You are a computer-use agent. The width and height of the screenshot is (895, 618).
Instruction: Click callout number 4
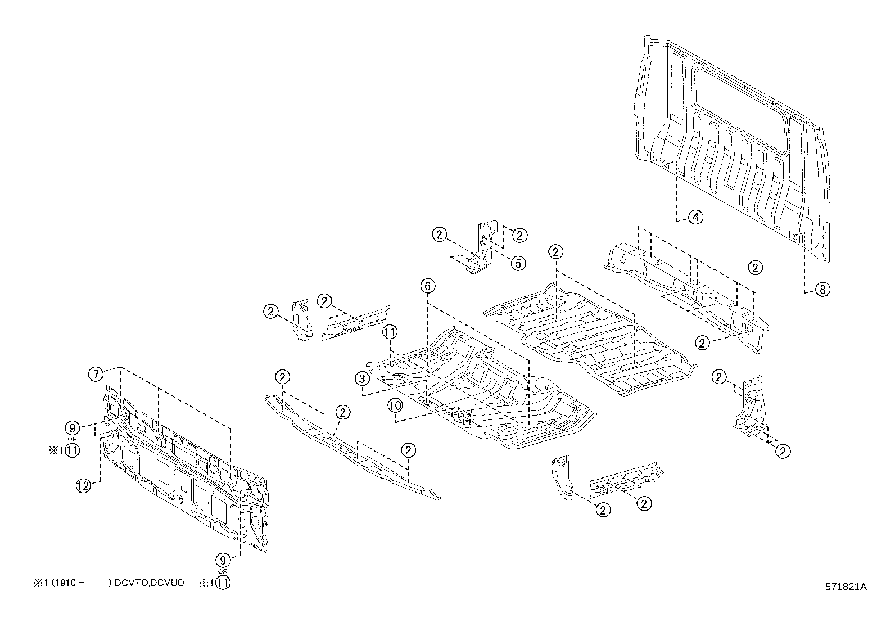[x=695, y=216]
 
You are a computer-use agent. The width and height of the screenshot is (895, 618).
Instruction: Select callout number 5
[x=517, y=263]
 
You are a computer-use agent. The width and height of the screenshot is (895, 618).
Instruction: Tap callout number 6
[x=427, y=286]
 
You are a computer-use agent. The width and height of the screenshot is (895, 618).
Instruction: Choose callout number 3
[x=361, y=378]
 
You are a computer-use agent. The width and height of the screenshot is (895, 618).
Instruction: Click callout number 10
[x=395, y=405]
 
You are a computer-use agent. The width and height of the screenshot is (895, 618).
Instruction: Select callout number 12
[x=83, y=485]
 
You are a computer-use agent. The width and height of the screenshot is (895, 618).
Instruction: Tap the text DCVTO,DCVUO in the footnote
[x=149, y=583]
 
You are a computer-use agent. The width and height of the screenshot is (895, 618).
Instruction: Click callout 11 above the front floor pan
[x=390, y=332]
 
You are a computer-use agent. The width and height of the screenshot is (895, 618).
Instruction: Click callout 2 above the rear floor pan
[x=555, y=251]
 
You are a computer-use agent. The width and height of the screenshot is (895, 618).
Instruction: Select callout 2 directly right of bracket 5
[x=519, y=235]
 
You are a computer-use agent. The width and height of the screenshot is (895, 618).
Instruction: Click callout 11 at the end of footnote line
[x=223, y=583]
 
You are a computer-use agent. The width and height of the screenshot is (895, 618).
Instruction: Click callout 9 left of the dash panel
[x=73, y=427]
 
